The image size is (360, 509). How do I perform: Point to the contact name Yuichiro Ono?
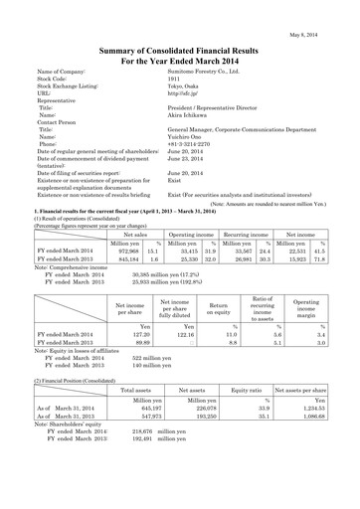(186, 135)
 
